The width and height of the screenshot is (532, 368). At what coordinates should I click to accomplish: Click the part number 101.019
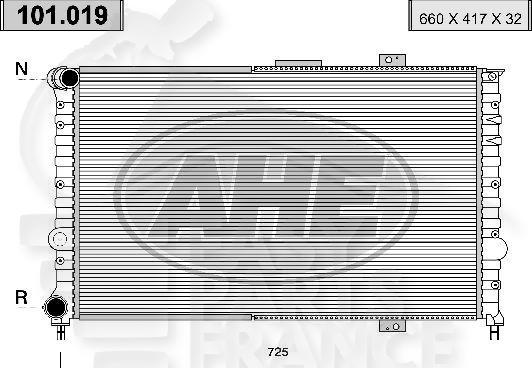pyautogui.click(x=63, y=15)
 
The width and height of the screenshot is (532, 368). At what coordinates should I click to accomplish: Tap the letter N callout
pyautogui.click(x=21, y=69)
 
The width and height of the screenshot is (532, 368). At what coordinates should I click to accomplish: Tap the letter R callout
pyautogui.click(x=21, y=298)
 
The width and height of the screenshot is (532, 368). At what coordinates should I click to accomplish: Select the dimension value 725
pyautogui.click(x=279, y=352)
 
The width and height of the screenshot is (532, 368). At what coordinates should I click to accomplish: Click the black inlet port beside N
pyautogui.click(x=67, y=78)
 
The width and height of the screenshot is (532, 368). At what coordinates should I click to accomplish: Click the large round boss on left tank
pyautogui.click(x=56, y=239)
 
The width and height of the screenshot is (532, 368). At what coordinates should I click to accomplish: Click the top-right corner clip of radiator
pyautogui.click(x=491, y=76)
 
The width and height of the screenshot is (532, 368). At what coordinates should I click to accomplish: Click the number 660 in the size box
pyautogui.click(x=429, y=17)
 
